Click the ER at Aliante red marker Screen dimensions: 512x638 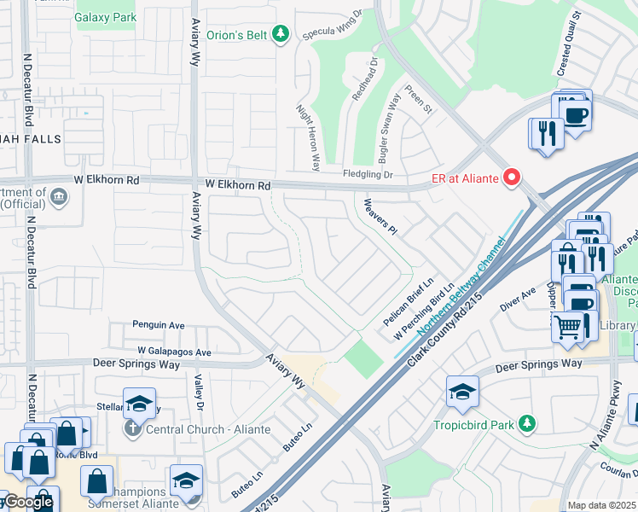tap(512, 177)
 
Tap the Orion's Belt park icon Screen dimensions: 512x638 tap(281, 34)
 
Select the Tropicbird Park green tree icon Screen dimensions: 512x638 tap(527, 423)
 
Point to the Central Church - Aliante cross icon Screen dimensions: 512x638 tap(132, 428)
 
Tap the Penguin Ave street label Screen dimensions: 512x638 tap(159, 325)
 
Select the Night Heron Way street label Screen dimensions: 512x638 tap(307, 137)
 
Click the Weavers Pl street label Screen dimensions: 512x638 tap(380, 216)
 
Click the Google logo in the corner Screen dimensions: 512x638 tap(27, 502)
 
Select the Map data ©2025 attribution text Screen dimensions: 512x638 tap(601, 505)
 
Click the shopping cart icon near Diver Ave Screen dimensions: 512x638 tap(568, 325)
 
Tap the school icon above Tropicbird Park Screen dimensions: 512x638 tap(462, 392)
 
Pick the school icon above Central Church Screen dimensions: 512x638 tap(139, 403)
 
